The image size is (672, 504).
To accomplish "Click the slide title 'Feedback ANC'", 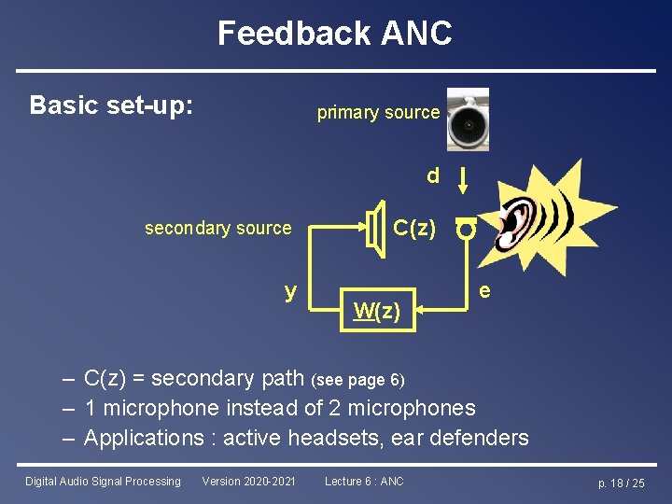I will (335, 34).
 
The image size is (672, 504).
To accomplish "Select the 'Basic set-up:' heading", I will (112, 105).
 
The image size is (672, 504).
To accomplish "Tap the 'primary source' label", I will (378, 113).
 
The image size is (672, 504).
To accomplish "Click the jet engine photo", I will (467, 119).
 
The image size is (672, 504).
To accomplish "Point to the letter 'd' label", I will (432, 175).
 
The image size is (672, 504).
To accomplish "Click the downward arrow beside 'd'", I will (464, 178).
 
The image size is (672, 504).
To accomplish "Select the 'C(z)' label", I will (413, 228).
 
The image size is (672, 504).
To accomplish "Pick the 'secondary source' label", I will (217, 229).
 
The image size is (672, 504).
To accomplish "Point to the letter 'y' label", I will (291, 290).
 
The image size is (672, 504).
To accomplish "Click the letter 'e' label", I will (484, 291).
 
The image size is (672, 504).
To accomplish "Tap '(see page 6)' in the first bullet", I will (359, 380).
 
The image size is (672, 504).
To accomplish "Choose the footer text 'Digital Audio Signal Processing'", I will (103, 482).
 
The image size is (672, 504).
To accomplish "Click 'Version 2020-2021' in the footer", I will (248, 482).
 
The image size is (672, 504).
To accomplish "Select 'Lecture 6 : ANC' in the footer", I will (364, 482).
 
